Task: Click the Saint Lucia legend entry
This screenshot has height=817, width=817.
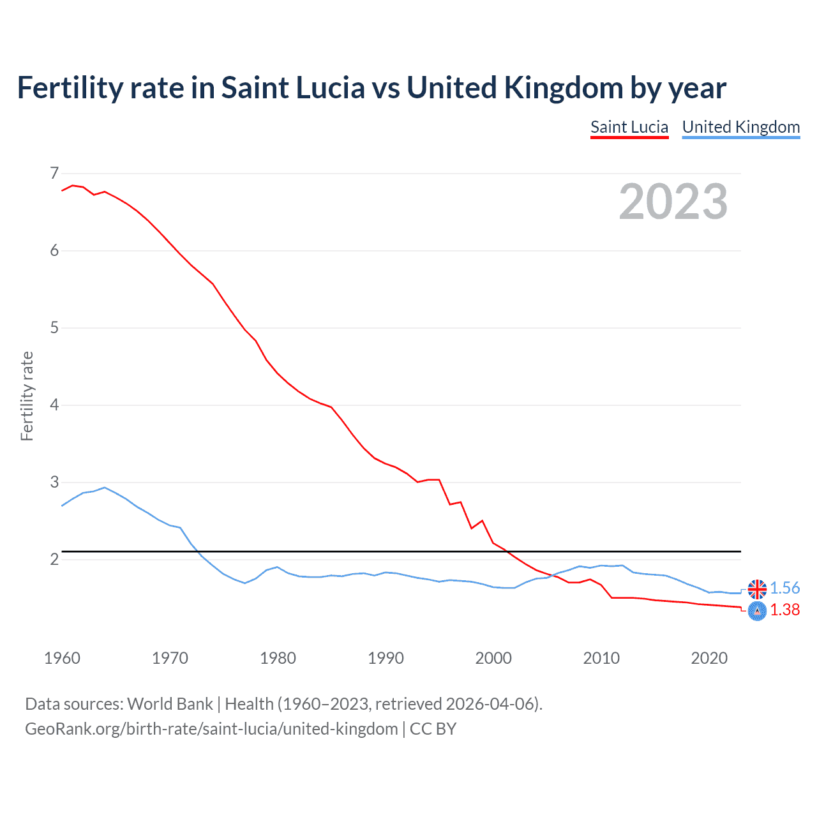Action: [629, 127]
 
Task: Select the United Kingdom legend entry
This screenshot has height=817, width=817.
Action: [740, 127]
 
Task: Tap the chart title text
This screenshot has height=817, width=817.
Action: [371, 88]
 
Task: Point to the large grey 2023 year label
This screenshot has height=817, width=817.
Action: [673, 202]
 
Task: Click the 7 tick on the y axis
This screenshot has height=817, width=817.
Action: [54, 174]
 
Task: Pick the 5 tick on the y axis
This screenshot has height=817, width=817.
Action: [54, 328]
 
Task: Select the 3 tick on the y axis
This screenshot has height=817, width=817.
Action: [54, 483]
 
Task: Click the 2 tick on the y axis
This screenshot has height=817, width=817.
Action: [54, 560]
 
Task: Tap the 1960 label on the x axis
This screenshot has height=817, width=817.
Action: [62, 658]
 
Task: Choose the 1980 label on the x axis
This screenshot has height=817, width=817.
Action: [278, 658]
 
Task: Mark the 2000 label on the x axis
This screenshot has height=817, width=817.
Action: [493, 658]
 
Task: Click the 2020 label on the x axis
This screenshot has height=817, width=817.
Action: [709, 658]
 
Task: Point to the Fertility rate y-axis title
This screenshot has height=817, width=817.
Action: [27, 396]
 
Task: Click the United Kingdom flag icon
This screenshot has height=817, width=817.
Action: [757, 588]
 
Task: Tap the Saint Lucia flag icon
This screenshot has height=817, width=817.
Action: [757, 611]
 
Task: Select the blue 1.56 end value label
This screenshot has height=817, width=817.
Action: [784, 588]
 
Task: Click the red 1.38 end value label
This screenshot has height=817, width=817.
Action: [784, 610]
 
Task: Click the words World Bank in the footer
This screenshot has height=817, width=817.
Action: [170, 704]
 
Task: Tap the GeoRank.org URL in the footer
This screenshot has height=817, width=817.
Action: [211, 729]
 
